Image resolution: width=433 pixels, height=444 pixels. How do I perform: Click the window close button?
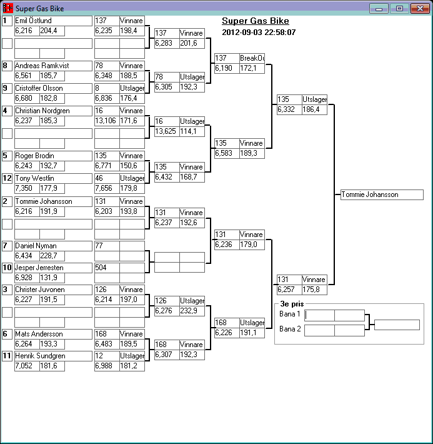(419, 9)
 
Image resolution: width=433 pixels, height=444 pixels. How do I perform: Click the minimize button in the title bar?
(379, 9)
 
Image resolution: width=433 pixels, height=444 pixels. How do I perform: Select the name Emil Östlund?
(52, 21)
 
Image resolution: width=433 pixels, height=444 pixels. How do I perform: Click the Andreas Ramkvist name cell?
(52, 66)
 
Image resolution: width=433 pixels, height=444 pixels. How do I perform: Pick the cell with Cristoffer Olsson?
(52, 88)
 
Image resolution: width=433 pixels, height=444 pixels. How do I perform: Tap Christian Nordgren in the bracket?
(52, 111)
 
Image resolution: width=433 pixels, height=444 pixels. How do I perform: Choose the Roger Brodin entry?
(52, 156)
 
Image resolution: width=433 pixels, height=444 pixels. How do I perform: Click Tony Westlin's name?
(52, 178)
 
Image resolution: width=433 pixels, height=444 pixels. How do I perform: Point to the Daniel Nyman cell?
(52, 246)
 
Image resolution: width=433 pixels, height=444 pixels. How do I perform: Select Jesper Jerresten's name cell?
(52, 268)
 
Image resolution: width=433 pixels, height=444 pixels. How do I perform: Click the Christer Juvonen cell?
(52, 290)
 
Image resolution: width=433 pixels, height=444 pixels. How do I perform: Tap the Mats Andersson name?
(52, 334)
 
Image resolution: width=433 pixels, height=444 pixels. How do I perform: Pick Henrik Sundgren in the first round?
(52, 356)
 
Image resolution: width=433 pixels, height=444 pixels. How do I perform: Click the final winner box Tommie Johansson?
(382, 194)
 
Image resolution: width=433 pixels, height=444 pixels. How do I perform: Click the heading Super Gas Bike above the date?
(255, 21)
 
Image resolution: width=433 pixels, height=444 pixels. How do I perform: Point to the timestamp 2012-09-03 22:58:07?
(259, 32)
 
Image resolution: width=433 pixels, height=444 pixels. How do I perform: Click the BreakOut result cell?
(252, 58)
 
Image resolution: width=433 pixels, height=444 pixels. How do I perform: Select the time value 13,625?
(166, 131)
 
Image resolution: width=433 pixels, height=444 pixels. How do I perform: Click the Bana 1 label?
(290, 314)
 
